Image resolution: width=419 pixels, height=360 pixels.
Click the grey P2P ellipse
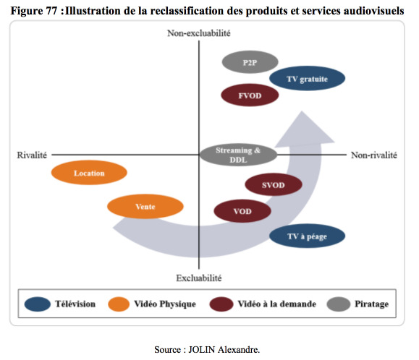coord(250,62)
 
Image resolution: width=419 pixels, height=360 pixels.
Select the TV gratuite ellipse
coord(307,79)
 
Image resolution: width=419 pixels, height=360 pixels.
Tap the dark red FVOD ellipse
coord(250,95)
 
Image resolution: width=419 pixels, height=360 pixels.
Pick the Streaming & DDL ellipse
coord(238,155)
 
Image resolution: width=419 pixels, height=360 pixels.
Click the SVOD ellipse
coord(274,184)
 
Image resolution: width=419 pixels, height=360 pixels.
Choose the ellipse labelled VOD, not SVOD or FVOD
coord(242,211)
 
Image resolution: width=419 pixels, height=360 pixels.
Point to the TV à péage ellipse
coord(307,236)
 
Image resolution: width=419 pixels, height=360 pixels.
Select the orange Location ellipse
coord(89,173)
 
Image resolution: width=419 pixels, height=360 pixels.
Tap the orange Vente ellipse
coord(145,206)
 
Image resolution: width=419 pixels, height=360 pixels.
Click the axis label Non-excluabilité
coord(199,33)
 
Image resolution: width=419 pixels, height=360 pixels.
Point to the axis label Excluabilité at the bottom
coord(199,278)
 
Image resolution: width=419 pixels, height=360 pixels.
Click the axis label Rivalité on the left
coord(32,155)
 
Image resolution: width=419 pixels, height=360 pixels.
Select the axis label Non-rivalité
coord(374,155)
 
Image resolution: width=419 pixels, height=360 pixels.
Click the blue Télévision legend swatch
coord(38,304)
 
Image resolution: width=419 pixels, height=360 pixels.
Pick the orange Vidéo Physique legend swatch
coord(119,304)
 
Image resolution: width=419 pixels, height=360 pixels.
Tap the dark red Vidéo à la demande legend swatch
coord(221,304)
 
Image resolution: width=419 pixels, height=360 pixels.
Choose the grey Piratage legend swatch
coord(338,304)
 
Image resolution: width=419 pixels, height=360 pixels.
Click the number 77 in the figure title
coord(51,11)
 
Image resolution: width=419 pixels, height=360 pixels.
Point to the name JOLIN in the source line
coord(202,349)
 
